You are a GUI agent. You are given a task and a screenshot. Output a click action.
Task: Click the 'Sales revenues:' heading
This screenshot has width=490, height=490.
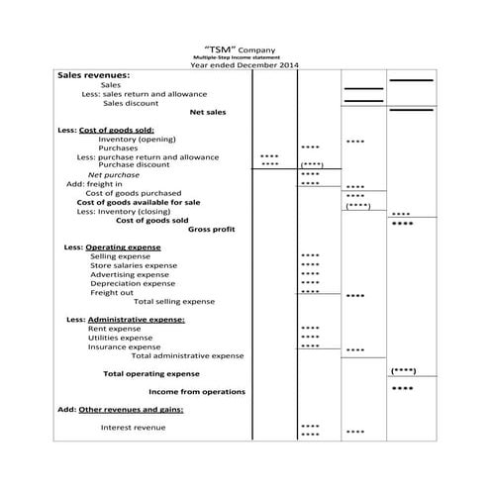click(94, 75)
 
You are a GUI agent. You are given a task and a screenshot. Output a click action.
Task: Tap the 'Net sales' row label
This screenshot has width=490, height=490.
click(207, 112)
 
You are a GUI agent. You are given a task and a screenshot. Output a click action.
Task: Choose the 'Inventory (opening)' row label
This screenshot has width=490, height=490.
click(137, 140)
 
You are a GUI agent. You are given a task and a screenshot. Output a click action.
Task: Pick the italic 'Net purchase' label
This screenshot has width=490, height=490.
click(114, 174)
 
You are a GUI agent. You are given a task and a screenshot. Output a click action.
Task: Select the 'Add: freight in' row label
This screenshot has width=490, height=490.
click(94, 183)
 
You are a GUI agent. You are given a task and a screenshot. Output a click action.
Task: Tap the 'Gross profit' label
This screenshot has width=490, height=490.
click(211, 229)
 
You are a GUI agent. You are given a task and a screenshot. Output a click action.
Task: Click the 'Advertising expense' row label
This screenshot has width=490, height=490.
click(132, 274)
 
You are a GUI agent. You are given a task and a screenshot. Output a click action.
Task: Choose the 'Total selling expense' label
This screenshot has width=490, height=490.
click(173, 301)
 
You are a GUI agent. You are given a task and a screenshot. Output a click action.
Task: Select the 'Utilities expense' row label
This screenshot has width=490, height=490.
click(123, 338)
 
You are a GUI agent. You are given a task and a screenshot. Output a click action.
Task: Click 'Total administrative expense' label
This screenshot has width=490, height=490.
click(187, 355)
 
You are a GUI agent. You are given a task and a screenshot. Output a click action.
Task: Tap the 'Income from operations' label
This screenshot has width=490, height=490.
click(197, 392)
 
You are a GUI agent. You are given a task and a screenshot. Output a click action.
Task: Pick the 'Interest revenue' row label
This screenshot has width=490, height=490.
click(133, 428)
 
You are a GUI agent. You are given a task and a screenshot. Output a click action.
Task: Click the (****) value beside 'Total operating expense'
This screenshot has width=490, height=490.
click(403, 371)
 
